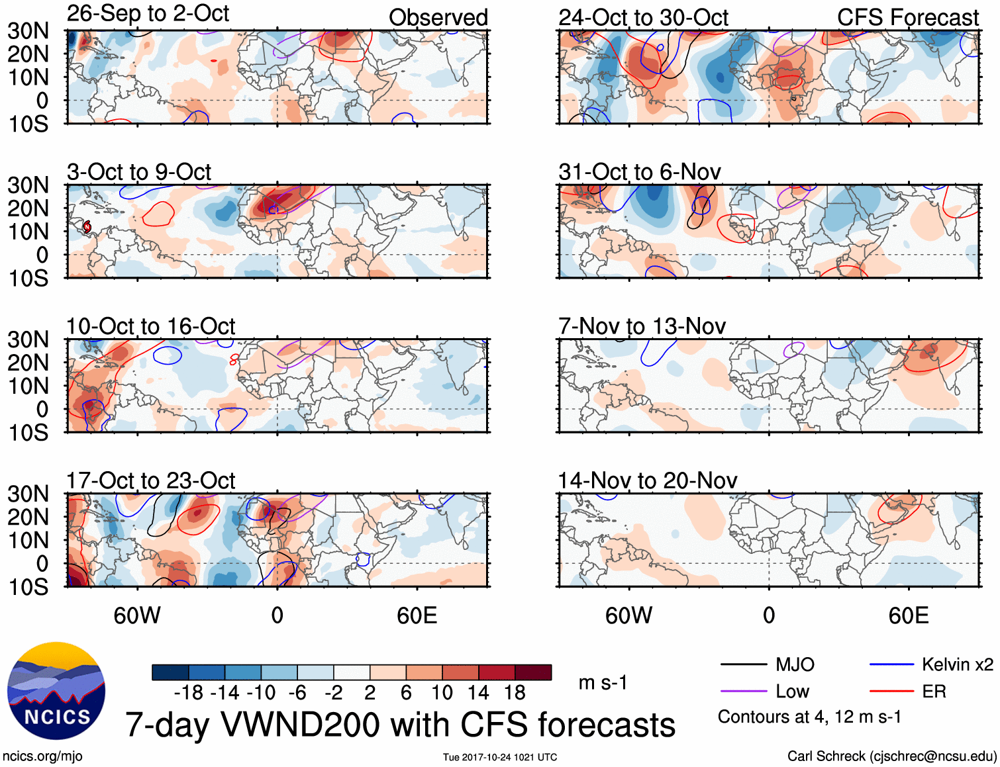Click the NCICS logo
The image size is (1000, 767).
point(56,691)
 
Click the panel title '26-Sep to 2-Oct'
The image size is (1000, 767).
point(148,14)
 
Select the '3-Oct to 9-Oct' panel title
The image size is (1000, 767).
point(139,172)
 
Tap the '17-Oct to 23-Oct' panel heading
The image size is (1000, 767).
point(150,480)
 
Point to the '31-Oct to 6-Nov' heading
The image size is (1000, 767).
point(640,172)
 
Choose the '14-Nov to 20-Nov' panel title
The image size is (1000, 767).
point(648,480)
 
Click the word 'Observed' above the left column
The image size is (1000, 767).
point(438,18)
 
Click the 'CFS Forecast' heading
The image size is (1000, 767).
point(907,18)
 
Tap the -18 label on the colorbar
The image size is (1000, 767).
point(189,693)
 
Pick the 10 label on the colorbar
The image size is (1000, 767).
point(442,693)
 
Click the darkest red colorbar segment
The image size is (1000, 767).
point(533,672)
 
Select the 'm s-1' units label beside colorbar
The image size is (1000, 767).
point(603,683)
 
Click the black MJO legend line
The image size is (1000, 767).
point(744,665)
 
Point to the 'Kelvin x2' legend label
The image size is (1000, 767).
point(957,664)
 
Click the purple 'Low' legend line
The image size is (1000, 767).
point(744,692)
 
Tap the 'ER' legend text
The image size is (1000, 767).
point(934,692)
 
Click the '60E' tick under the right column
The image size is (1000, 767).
point(908,616)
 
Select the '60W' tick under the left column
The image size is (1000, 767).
point(137,616)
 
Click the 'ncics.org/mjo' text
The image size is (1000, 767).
point(42,756)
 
